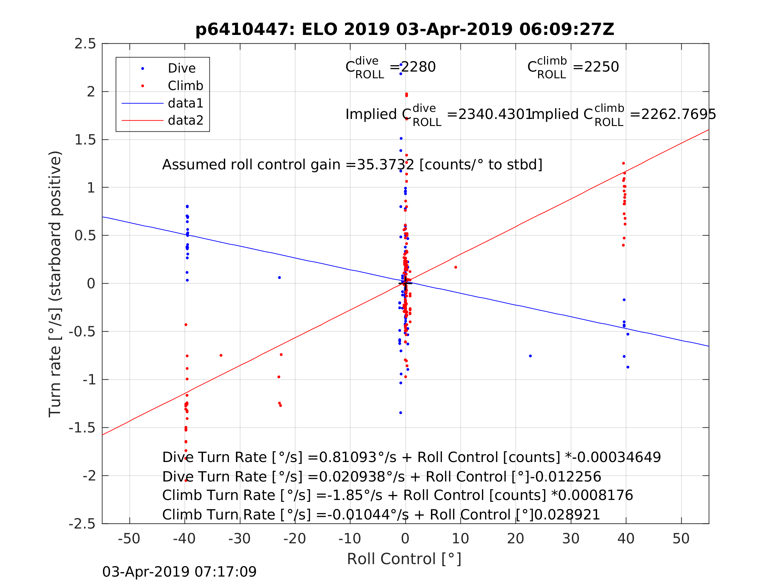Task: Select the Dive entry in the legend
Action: [x=181, y=69]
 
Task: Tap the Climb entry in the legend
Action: [x=185, y=86]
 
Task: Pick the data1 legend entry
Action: [x=185, y=103]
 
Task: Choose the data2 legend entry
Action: [x=185, y=121]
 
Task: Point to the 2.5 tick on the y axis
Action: [x=85, y=44]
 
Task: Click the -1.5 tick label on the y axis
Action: [x=82, y=428]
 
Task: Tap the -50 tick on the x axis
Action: [x=129, y=539]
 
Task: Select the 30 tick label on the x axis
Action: [x=571, y=539]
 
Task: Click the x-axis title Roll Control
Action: [x=404, y=559]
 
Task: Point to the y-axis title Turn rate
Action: [x=55, y=284]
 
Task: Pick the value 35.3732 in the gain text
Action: [x=385, y=165]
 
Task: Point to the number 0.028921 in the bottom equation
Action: [x=567, y=515]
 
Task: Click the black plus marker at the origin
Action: [x=406, y=284]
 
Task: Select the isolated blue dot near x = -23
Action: [x=279, y=278]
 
